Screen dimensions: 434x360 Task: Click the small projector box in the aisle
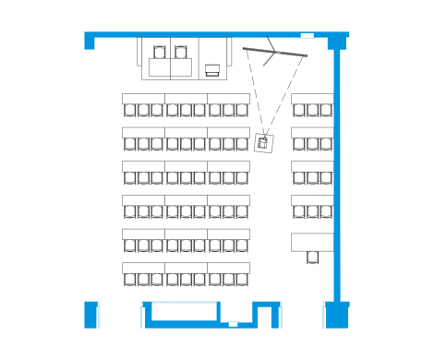click(263, 142)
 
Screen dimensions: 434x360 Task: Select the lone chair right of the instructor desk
click(213, 68)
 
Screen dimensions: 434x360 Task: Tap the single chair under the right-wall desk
click(313, 258)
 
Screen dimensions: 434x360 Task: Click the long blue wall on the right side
click(338, 175)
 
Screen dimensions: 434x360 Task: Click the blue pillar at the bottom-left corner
click(91, 314)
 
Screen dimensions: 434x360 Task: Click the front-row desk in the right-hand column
click(312, 98)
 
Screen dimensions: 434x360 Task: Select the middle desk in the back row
click(187, 269)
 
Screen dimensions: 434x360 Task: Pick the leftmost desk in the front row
click(143, 98)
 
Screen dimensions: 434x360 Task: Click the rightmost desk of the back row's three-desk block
click(229, 269)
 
